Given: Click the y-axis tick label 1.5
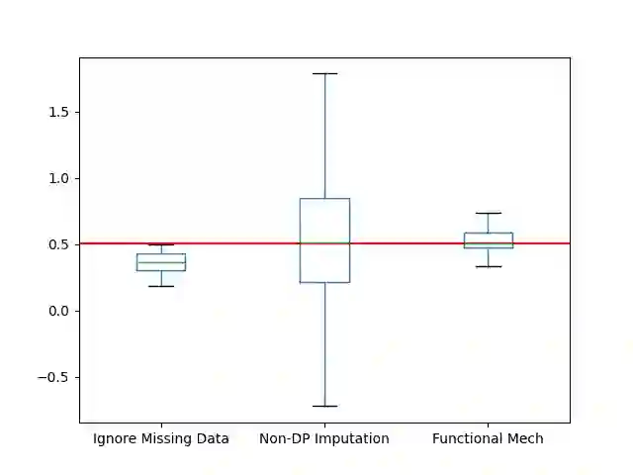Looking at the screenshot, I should click(x=59, y=112).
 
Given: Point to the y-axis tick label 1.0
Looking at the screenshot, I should click(x=59, y=178).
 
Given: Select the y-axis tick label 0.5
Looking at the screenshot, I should click(x=59, y=244).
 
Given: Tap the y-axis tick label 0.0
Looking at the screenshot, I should click(x=59, y=311).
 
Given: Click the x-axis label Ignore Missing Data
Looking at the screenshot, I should click(x=161, y=438).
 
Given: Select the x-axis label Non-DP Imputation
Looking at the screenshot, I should click(x=324, y=438).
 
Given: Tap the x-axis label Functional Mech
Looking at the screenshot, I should click(x=488, y=438).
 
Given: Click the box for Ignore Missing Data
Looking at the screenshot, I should click(x=161, y=262).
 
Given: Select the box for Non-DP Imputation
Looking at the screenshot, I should click(x=324, y=240).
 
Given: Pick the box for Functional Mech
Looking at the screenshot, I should click(x=488, y=239).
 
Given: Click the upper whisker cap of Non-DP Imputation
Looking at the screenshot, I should click(x=324, y=73).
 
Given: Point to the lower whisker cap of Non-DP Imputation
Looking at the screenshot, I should click(x=324, y=406).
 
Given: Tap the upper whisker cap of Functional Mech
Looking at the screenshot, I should click(x=488, y=213).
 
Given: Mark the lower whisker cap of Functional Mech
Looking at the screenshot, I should click(x=488, y=266).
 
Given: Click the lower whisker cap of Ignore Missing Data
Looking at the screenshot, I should click(x=161, y=286).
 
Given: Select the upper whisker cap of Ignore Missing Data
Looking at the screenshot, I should click(x=161, y=244).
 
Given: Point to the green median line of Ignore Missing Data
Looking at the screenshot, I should click(x=161, y=262).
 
